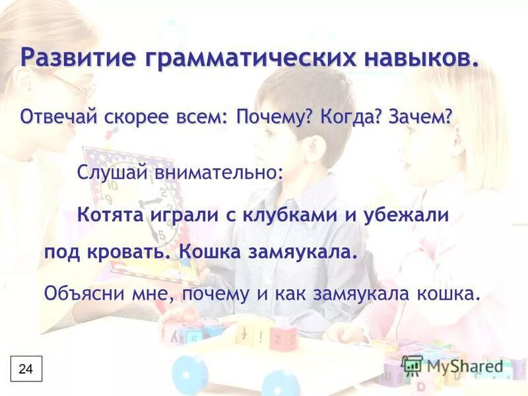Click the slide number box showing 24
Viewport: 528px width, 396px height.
tap(26, 369)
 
